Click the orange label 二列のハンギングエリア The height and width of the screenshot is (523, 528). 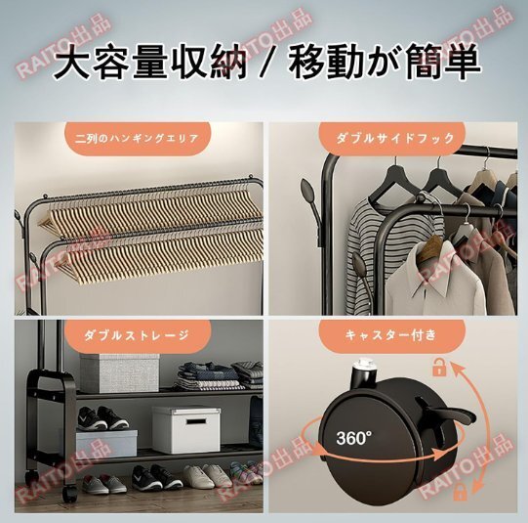pos(137,139)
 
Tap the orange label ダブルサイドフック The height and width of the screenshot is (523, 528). pos(391,139)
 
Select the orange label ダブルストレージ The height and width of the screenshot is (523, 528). pos(137,336)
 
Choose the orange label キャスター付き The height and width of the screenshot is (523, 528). pos(391,336)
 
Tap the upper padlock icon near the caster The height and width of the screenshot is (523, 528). pos(439,368)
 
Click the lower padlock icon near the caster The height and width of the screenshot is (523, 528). pos(461,492)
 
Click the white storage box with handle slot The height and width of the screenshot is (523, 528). pos(186,429)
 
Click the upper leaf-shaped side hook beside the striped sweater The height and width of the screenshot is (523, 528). pos(309,196)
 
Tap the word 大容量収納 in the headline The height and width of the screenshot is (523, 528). pos(150,64)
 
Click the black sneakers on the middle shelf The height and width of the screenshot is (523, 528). pos(102,418)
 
